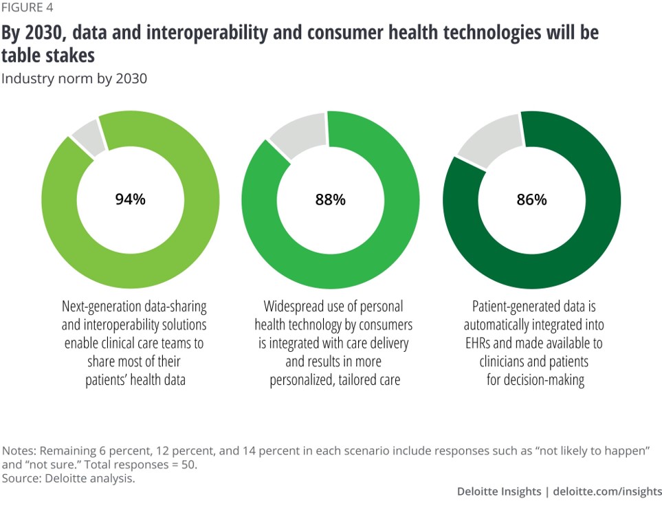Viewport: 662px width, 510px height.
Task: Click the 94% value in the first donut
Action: [x=130, y=200]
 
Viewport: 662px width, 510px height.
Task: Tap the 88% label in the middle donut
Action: [x=330, y=200]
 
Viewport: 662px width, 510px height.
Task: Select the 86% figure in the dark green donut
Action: [x=531, y=200]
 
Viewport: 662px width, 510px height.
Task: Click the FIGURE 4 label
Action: [x=27, y=8]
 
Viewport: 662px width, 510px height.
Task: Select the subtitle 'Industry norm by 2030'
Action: [x=74, y=78]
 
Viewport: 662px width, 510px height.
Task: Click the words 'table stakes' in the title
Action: [x=48, y=56]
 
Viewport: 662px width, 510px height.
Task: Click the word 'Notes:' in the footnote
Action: [x=21, y=452]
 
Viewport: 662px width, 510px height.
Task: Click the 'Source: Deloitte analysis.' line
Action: [x=69, y=478]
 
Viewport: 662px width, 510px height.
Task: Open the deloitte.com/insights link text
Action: [x=608, y=491]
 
